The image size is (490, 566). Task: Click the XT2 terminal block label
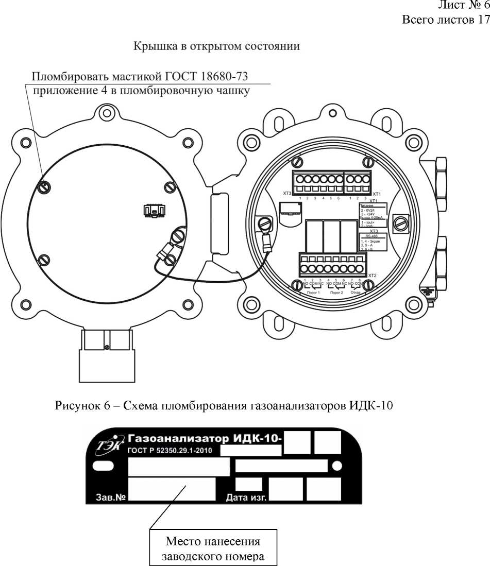coord(373,276)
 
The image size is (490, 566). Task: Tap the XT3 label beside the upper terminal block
coord(288,194)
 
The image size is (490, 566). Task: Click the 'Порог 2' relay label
coord(337,291)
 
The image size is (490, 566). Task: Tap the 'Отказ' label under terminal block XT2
coord(356,291)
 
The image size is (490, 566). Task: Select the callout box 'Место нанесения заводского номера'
coord(213,548)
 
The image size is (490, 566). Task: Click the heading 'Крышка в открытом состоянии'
coord(217,46)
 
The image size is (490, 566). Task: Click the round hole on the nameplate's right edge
coord(337,466)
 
